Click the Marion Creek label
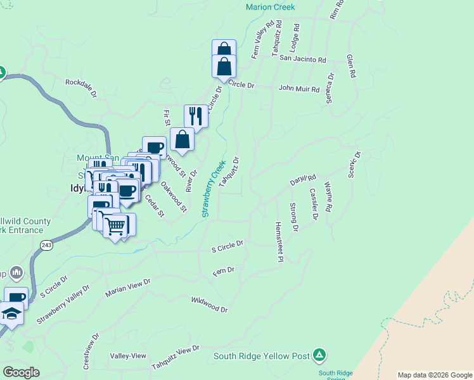click(271, 8)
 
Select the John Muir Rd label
click(299, 89)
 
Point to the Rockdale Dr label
click(81, 87)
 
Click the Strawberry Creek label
click(214, 188)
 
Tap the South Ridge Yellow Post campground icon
click(320, 355)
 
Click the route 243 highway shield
click(46, 244)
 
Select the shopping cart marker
click(115, 225)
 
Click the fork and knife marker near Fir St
click(196, 116)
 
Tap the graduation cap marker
click(11, 313)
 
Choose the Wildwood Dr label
click(209, 304)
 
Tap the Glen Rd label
click(351, 66)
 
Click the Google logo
click(22, 372)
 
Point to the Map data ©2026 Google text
click(435, 375)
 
